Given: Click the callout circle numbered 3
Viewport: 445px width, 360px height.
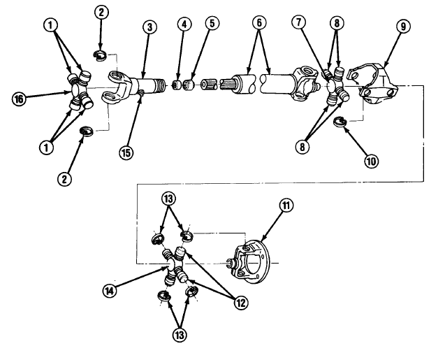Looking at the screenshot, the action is (x=149, y=27).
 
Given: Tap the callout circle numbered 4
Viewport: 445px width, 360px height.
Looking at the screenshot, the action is (x=184, y=24).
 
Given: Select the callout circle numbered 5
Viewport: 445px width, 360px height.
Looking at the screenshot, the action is (x=212, y=23).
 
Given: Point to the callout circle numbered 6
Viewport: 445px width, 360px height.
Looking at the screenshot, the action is (x=258, y=22).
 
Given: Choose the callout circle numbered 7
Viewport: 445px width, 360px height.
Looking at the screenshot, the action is (x=299, y=22).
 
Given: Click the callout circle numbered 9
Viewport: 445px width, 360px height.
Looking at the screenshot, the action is (x=403, y=27).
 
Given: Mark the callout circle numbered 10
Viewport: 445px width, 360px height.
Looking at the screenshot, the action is (x=371, y=161).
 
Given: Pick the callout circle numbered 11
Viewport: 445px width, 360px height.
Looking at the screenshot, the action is (x=286, y=206).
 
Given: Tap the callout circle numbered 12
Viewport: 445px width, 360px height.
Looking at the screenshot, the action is (x=240, y=303).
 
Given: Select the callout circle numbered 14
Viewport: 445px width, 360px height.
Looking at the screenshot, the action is (x=110, y=291).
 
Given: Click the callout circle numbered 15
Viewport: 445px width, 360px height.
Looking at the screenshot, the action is (x=126, y=153).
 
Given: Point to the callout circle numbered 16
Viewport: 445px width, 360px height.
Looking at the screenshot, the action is (x=19, y=99).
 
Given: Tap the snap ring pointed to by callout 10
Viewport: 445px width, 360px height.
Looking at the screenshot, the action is (x=340, y=121).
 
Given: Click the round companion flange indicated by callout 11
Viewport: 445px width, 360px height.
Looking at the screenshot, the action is (x=251, y=261).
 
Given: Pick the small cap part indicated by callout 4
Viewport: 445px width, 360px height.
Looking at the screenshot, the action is (x=177, y=85).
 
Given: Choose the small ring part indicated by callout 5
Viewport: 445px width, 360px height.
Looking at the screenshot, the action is (x=188, y=85).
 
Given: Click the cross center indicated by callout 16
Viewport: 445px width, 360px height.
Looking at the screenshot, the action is (x=76, y=91).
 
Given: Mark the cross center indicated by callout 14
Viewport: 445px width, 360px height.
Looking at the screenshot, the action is (x=172, y=266).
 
